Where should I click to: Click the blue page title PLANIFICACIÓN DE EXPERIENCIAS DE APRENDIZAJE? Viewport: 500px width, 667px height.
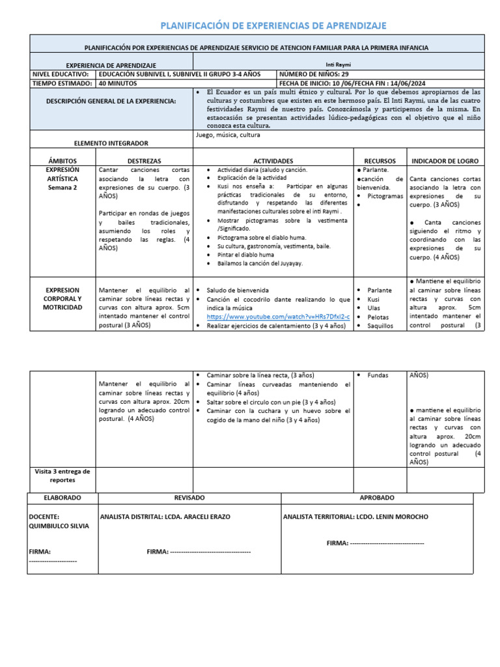coord(273,25)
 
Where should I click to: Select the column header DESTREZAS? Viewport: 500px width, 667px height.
coord(145,160)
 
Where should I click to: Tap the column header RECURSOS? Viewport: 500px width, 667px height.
coord(380,160)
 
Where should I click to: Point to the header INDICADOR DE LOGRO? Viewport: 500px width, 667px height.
coord(445,160)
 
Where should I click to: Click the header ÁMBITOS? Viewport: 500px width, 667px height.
coord(63,160)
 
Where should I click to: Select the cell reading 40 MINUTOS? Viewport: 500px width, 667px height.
coord(118,83)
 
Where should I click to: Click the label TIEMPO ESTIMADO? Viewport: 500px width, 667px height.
coord(62,83)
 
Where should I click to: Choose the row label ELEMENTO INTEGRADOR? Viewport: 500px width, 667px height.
coord(112,143)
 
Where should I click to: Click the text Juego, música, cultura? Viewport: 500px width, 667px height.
coord(228,135)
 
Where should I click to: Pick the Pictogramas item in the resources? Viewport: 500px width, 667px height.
coord(385,195)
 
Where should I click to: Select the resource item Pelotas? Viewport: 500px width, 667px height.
coord(378,317)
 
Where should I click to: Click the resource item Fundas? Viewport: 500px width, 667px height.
coord(378,376)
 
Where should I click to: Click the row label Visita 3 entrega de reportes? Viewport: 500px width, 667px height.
coord(63,475)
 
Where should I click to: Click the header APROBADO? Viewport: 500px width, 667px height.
coord(377,498)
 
